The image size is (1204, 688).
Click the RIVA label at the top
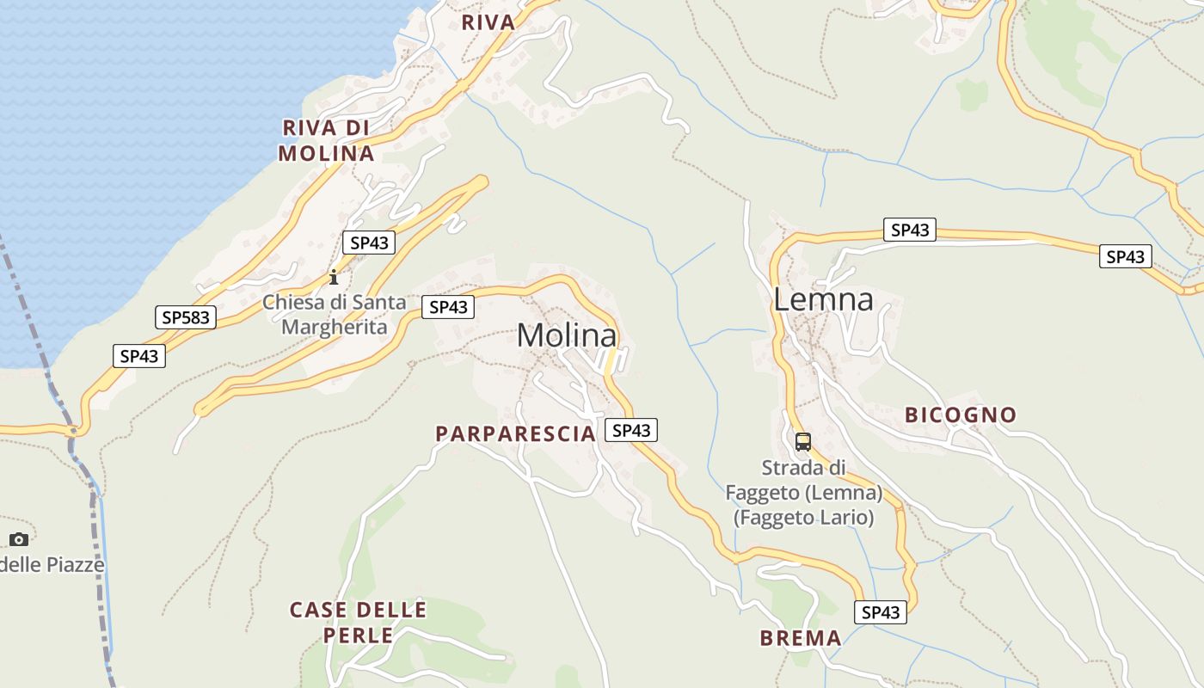(488, 22)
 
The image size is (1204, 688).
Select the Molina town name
(567, 335)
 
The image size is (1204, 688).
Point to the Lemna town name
(823, 299)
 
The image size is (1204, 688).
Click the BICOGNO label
(960, 415)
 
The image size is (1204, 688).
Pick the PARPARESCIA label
(515, 433)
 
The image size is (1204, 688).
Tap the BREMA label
(801, 638)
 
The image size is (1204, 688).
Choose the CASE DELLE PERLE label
(358, 623)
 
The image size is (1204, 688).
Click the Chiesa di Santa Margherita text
(334, 315)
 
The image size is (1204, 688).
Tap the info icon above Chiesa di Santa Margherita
(334, 277)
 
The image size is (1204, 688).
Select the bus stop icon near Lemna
(803, 442)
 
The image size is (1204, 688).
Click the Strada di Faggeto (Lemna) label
(803, 493)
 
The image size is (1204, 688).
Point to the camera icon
(19, 539)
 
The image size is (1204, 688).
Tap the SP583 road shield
(185, 317)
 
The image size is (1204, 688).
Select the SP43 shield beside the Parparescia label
(631, 430)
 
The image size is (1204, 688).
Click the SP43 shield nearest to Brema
(880, 612)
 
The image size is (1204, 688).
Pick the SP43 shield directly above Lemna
(910, 230)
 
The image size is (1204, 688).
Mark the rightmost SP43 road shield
(1125, 256)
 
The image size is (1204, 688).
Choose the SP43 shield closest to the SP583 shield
(138, 356)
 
